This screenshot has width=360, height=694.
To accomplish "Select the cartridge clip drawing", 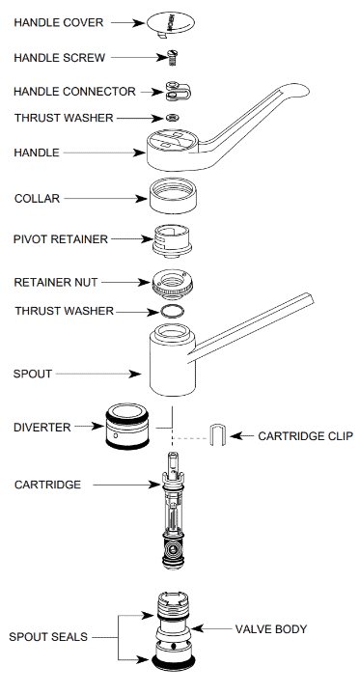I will click(218, 435).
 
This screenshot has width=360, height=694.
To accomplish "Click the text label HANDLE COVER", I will click(58, 21).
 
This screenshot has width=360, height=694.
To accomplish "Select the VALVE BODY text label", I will click(271, 629).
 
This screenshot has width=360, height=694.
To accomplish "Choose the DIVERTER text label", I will click(41, 427).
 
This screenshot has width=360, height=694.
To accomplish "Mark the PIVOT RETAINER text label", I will click(61, 238).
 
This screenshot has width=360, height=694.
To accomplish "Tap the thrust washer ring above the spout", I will click(171, 312).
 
